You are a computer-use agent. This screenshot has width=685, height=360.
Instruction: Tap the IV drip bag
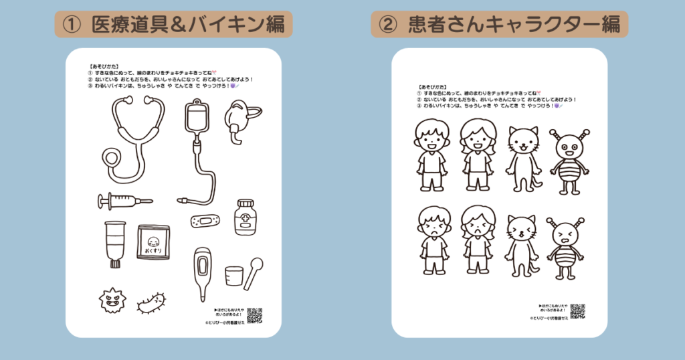[196, 119]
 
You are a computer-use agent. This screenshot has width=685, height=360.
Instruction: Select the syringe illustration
[124, 200]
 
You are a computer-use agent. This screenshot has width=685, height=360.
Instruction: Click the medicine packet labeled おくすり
[153, 242]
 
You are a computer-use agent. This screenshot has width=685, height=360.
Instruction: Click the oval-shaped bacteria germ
[152, 303]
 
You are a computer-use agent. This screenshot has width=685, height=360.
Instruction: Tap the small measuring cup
[233, 275]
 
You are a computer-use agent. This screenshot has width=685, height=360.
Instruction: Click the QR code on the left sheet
[254, 315]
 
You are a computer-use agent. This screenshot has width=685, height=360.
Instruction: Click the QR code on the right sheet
[577, 311]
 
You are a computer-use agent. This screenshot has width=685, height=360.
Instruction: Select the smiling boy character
[431, 155]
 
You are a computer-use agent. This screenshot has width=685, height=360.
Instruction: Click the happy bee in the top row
[569, 161]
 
